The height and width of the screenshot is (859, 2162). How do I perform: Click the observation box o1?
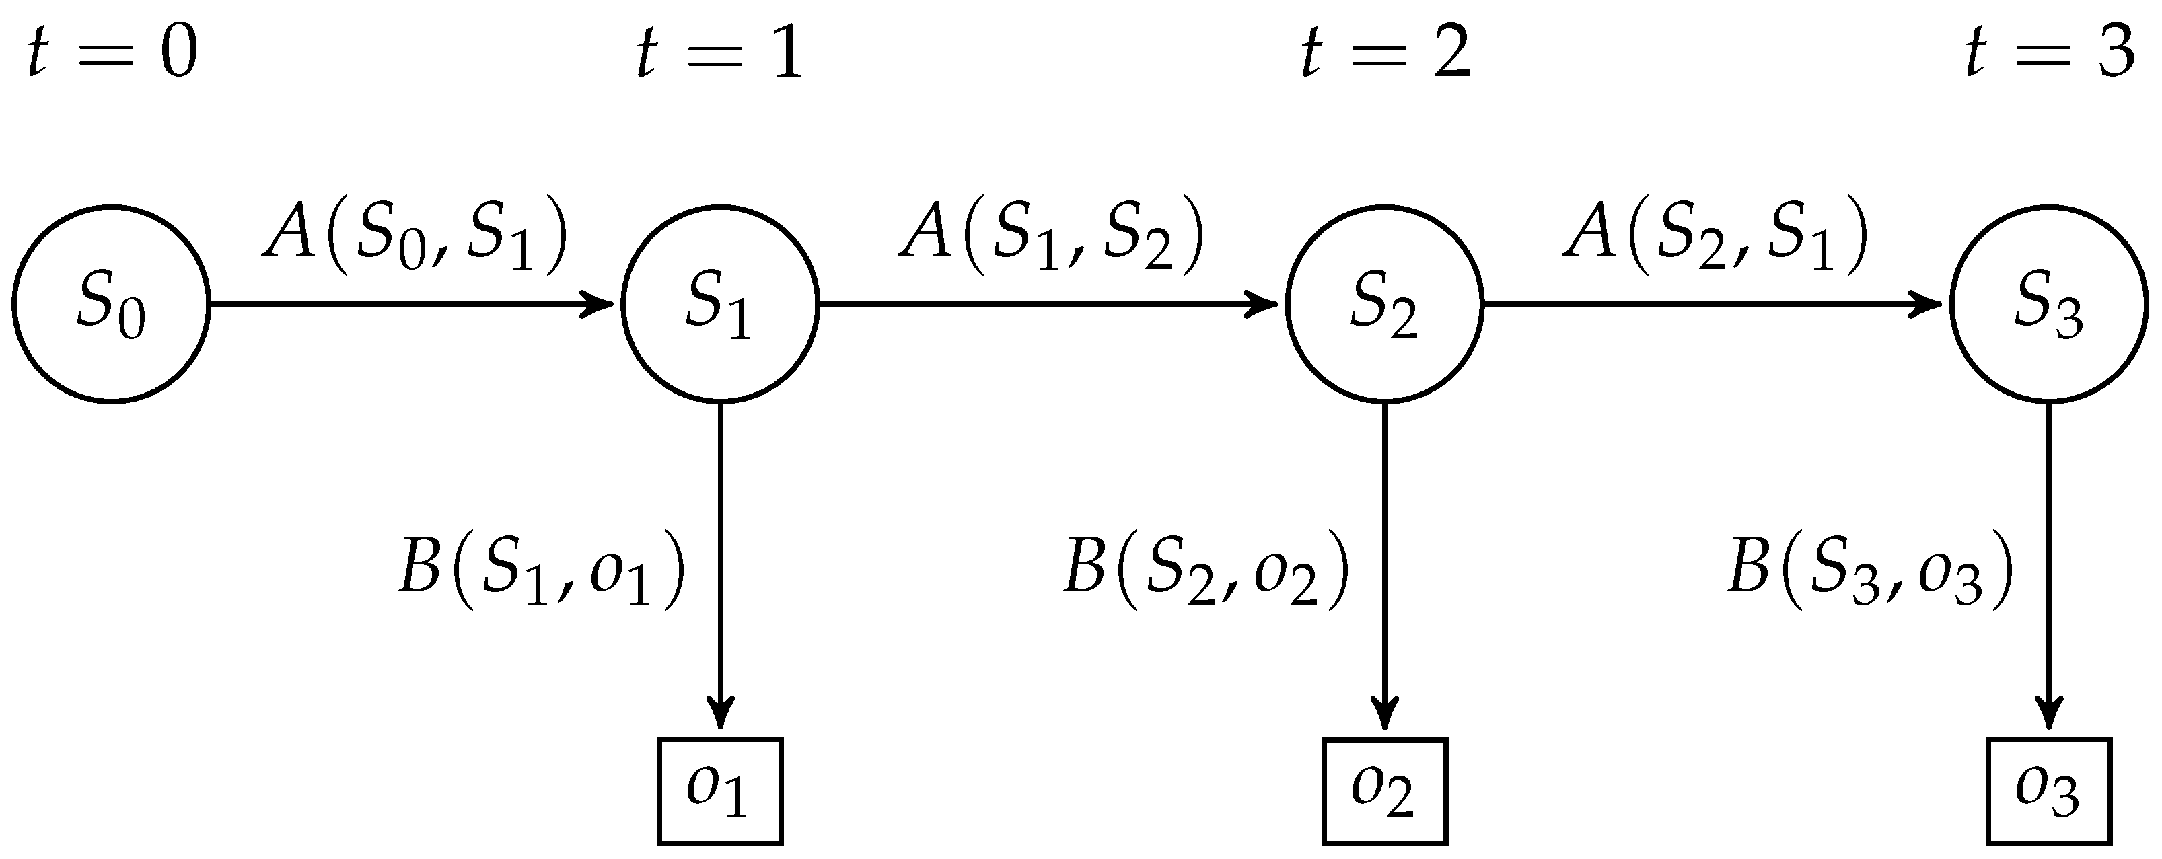coord(719,790)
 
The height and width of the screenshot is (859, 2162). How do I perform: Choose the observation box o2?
coord(1384,790)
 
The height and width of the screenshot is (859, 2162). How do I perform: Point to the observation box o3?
coord(2049,790)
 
